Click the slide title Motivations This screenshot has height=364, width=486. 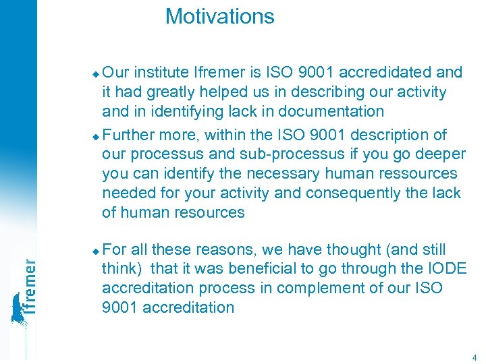(x=219, y=16)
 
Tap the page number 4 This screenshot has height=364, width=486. (x=475, y=357)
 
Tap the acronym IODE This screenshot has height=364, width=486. (x=441, y=268)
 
